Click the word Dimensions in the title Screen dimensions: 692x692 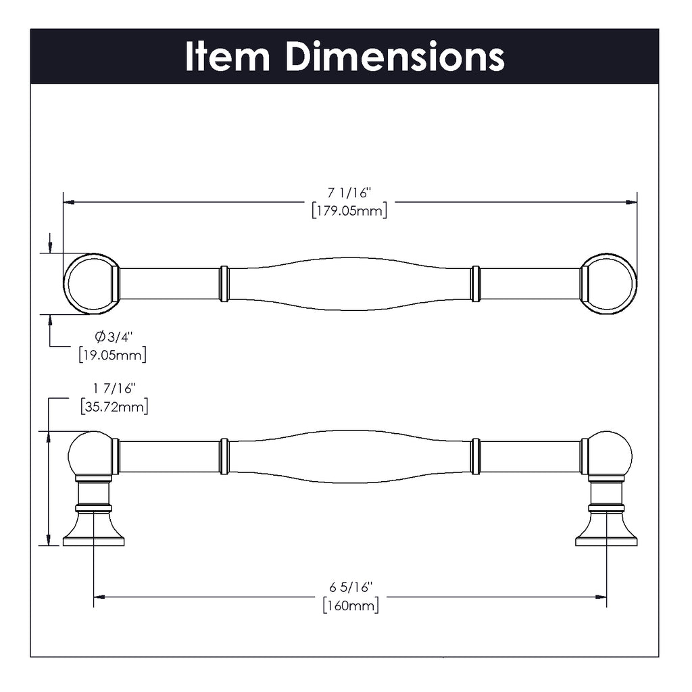coord(395,57)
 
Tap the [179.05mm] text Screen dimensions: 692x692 coord(349,211)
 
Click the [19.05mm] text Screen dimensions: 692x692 coord(112,354)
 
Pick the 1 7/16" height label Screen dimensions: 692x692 coord(114,389)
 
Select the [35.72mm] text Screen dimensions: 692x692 coord(114,406)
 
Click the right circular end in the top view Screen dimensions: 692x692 coord(610,284)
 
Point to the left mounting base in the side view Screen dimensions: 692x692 coord(93,530)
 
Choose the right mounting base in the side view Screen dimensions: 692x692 coord(606,530)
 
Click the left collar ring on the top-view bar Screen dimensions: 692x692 coord(224,284)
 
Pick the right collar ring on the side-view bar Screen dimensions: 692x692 coord(476,456)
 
